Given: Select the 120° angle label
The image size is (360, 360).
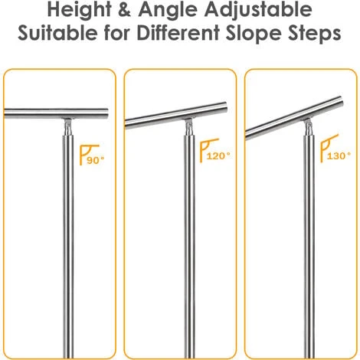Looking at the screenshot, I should coord(218,155).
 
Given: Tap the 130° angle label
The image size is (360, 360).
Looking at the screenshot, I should coord(339,155).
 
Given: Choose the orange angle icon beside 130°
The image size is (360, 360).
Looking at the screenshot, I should coord(328,147).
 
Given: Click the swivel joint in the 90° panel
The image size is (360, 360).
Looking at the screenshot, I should coord(67,125).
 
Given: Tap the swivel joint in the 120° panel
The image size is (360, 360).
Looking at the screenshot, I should coord(188,128).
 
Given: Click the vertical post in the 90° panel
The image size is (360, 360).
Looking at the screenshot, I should coord(67,245).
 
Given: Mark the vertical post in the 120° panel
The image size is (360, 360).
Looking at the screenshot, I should coord(188,245).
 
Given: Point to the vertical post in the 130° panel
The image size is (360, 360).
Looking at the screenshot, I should coord(309,245).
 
